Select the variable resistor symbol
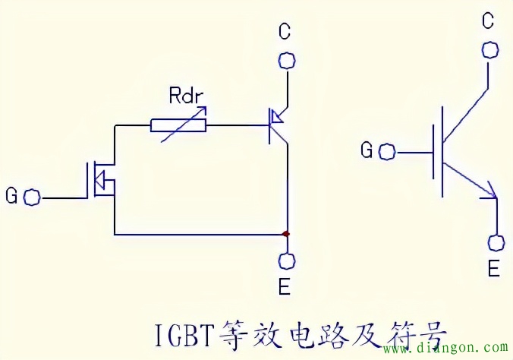(x=179, y=124)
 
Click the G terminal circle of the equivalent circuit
(x=33, y=197)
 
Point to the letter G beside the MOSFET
(x=11, y=197)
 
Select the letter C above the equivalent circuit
(x=285, y=31)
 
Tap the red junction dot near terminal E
(x=286, y=233)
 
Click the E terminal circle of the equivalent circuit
(x=286, y=260)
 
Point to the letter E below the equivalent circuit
(x=285, y=288)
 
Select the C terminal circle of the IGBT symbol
(x=490, y=49)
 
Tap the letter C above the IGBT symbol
(x=489, y=21)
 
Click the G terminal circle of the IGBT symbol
(x=387, y=151)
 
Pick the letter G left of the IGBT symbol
(x=367, y=150)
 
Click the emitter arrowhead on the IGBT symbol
(x=491, y=193)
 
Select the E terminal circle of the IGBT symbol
(x=497, y=243)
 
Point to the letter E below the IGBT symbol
(x=493, y=270)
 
